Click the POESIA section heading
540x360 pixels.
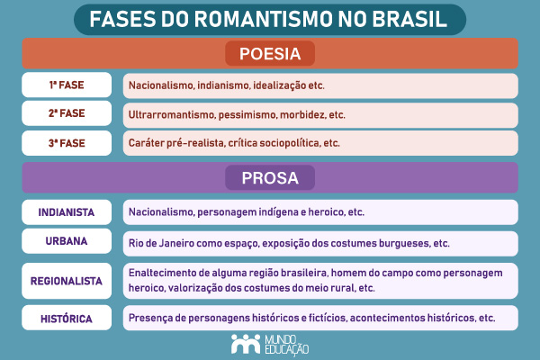click(269, 54)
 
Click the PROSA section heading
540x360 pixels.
click(269, 177)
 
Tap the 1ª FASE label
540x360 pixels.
click(66, 85)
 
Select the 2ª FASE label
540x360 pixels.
click(66, 114)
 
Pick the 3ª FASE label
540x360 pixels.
click(66, 143)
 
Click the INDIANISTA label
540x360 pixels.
click(66, 212)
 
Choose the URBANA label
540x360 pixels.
click(66, 243)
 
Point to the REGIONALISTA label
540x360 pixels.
click(66, 281)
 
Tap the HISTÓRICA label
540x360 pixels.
click(66, 318)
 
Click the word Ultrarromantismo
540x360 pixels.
click(167, 115)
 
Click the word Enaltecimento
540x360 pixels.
click(166, 273)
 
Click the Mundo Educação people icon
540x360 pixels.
click(242, 343)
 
